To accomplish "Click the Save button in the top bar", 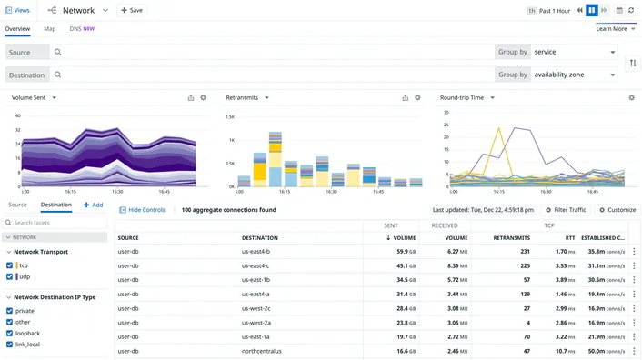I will (132, 10).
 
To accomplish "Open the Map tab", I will (50, 29).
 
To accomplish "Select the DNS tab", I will (82, 29).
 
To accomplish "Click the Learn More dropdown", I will (615, 29).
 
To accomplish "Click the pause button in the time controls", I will (592, 10).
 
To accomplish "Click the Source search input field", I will (273, 53).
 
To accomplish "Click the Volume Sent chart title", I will (34, 97).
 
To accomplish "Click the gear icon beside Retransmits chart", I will (417, 97).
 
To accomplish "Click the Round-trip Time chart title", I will (467, 97).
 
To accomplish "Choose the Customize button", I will (617, 210).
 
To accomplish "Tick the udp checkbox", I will (10, 276).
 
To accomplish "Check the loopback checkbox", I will (10, 334).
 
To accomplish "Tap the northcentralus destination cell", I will (262, 351).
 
